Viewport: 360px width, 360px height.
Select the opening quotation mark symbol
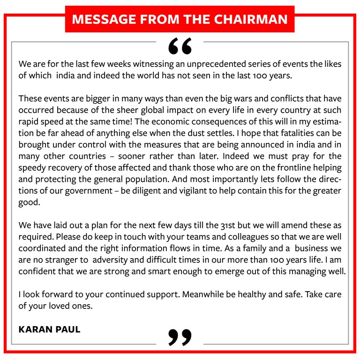click(180, 45)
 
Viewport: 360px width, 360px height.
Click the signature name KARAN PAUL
click(49, 329)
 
